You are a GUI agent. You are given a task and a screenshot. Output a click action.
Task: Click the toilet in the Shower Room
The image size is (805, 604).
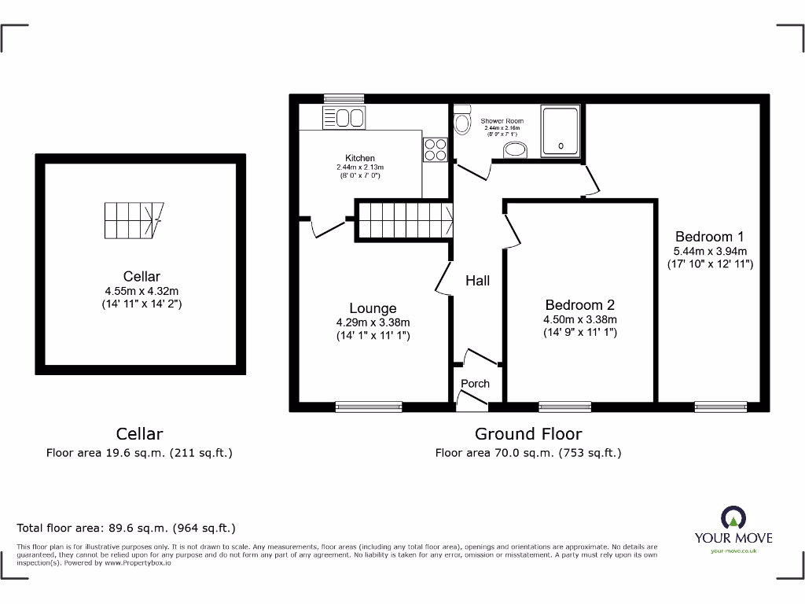click(462, 121)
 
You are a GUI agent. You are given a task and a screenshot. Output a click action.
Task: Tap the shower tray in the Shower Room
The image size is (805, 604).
click(561, 131)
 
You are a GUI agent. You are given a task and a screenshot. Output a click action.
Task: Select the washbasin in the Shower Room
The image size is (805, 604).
click(515, 150)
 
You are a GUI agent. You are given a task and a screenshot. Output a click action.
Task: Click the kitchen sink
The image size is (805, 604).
click(344, 118)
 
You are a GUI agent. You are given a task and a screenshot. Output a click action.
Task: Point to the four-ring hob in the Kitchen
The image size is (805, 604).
click(435, 149)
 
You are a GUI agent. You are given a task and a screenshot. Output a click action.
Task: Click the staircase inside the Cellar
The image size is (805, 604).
click(134, 221)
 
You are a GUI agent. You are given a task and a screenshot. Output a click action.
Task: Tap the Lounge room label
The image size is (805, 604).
click(373, 308)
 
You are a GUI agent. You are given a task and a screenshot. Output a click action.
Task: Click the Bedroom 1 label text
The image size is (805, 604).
click(709, 236)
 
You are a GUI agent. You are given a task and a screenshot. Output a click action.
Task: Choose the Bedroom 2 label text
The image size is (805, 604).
click(580, 305)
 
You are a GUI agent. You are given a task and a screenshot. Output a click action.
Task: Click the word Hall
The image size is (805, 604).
click(477, 281)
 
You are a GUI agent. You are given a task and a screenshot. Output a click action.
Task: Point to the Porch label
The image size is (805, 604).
click(475, 384)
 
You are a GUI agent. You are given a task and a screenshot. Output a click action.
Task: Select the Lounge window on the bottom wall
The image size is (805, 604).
click(368, 407)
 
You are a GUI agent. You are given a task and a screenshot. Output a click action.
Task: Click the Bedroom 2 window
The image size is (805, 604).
click(565, 407)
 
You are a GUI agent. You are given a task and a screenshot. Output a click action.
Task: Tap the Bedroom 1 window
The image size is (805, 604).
click(720, 407)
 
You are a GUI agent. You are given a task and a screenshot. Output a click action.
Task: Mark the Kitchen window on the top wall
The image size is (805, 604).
click(334, 98)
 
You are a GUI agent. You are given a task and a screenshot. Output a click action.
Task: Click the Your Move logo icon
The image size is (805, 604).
click(733, 517)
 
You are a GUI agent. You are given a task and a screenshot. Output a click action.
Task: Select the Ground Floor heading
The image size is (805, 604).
click(528, 433)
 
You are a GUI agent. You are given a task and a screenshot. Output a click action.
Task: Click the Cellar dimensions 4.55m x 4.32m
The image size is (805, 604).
click(142, 290)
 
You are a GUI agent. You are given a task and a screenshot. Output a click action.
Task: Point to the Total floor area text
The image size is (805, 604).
click(126, 528)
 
